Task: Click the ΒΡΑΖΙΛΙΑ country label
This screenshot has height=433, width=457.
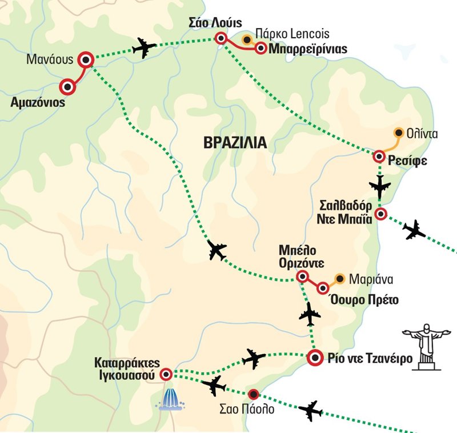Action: (x=235, y=143)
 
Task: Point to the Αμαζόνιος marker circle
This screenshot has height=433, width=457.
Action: (x=68, y=87)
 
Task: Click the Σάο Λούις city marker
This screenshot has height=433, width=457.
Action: (x=221, y=38)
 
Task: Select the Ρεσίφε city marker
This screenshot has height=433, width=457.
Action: (x=379, y=157)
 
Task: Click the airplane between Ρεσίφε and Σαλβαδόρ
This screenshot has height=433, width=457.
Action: (x=380, y=186)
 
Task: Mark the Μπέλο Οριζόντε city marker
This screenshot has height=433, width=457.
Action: (x=302, y=277)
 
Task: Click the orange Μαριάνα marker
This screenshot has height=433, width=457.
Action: (x=340, y=279)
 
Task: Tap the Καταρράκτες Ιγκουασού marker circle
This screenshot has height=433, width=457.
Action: (x=166, y=374)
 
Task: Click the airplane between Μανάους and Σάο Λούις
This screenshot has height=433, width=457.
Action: (x=144, y=49)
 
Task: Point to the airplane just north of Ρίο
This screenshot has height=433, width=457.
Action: (x=310, y=314)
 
